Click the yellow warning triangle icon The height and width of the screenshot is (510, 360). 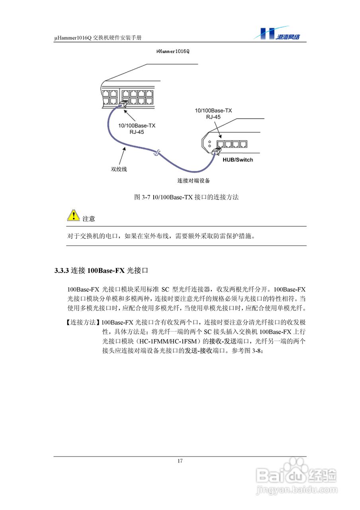(x=73, y=215)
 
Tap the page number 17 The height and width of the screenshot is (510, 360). (x=180, y=461)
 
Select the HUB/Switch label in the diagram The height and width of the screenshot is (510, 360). (x=235, y=160)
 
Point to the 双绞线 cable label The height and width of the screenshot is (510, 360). (x=119, y=169)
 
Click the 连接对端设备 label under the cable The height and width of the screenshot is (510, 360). (x=194, y=180)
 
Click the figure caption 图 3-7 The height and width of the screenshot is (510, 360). (x=141, y=197)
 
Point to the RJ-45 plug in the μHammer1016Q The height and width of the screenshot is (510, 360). (x=123, y=104)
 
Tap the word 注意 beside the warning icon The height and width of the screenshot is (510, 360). (x=89, y=219)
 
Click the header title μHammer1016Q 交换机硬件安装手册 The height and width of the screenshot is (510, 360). (x=98, y=38)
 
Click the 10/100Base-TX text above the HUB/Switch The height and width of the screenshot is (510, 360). (x=213, y=110)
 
